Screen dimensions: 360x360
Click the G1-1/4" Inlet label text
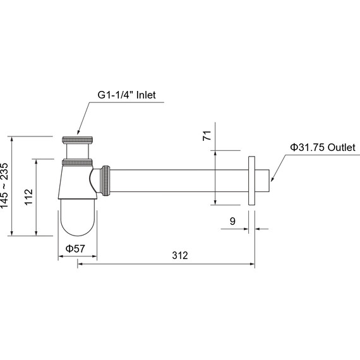(126, 95)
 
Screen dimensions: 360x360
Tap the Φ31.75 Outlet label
(323, 147)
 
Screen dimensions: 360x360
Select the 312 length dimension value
(180, 256)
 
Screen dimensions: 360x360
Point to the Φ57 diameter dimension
(75, 249)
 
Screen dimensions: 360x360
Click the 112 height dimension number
(29, 197)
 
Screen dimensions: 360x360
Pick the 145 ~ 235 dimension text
(4, 186)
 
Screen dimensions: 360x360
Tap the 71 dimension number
(207, 135)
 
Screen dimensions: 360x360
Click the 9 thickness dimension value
(232, 221)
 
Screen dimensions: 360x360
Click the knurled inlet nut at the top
(78, 140)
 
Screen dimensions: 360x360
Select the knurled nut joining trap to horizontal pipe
(106, 181)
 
